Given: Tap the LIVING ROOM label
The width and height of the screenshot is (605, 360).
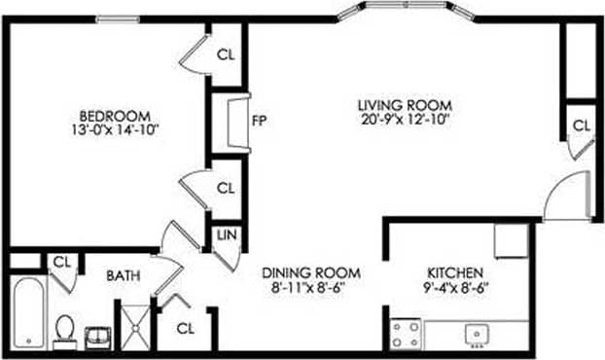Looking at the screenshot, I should pos(406,105).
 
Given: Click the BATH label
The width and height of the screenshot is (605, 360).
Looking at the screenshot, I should pos(124,276).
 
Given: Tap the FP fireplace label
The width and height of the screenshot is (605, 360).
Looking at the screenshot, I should pos(259,122).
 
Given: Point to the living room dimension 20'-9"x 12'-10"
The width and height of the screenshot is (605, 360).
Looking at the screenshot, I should pos(406,120).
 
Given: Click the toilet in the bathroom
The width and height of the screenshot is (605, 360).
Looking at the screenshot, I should pos(65,330).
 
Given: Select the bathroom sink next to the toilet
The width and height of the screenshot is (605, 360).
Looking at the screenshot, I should pos(98,336).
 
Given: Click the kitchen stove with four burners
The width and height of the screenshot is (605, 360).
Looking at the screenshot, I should pos(406,334).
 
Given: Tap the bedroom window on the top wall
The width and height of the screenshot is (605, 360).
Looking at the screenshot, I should pos(117,18).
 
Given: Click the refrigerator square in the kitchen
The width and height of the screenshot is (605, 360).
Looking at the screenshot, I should pos(510,240).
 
